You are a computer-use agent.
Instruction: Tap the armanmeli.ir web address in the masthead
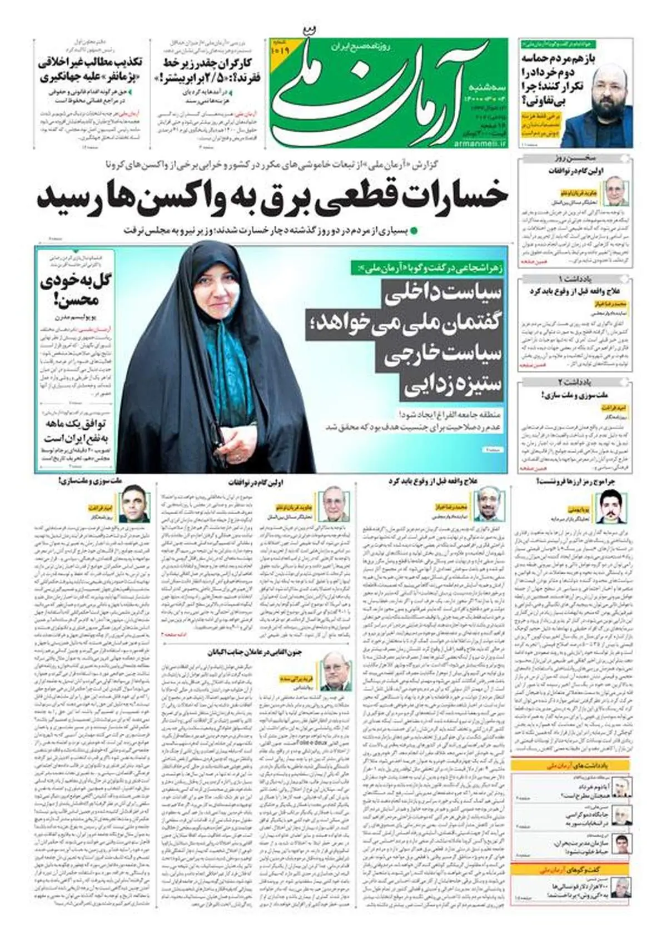[x=484, y=143]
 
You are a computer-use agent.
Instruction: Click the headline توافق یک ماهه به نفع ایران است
[x=76, y=431]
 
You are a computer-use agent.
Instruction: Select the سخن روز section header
[x=575, y=158]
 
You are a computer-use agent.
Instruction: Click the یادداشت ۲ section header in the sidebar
[x=575, y=382]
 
